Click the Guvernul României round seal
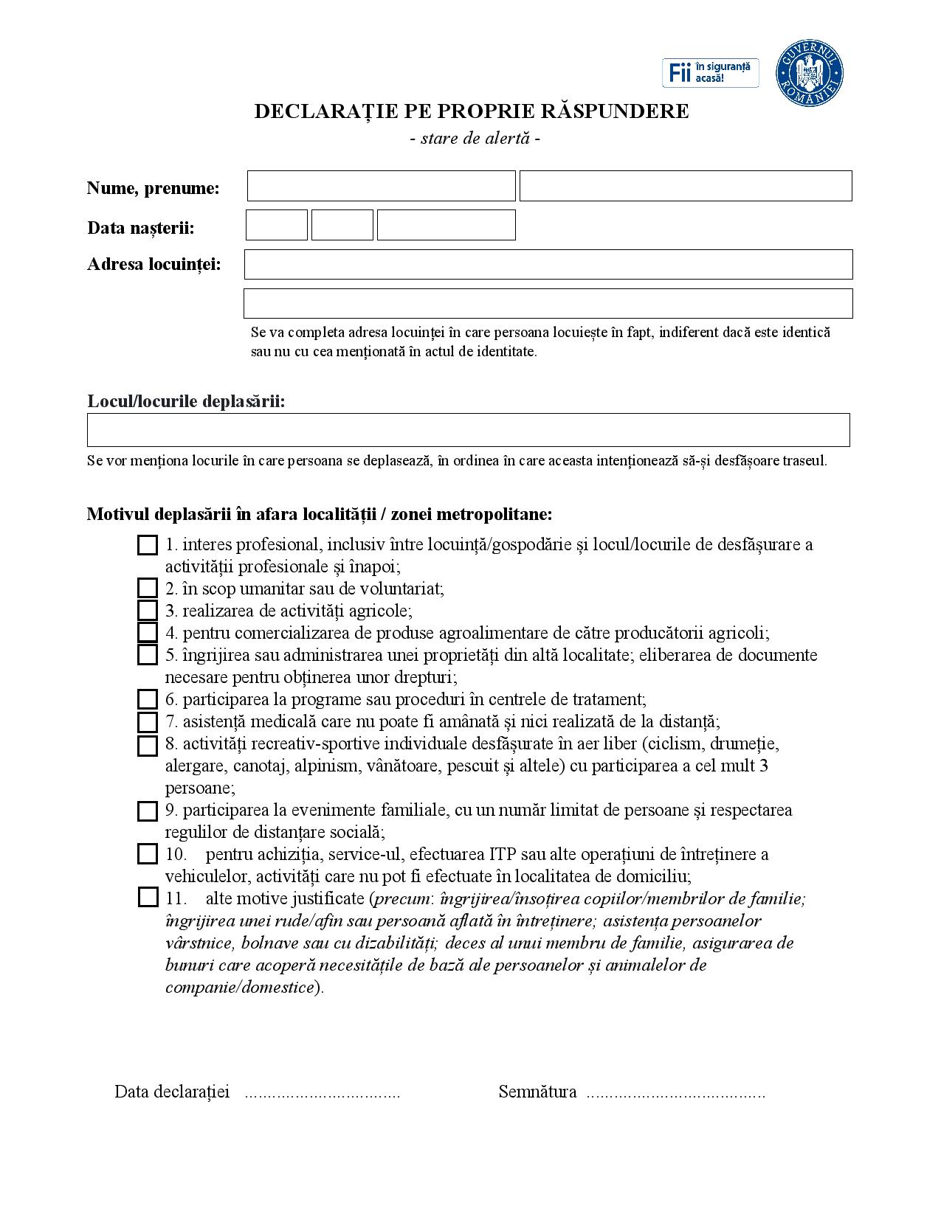[809, 73]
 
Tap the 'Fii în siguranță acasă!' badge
[710, 73]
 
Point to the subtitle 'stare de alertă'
[475, 138]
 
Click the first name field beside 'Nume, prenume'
[381, 186]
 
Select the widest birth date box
[446, 225]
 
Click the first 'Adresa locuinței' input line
[548, 264]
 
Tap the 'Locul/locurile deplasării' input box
[468, 430]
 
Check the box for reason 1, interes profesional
[148, 545]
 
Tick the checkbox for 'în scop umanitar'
[148, 589]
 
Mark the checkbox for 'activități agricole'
[148, 611]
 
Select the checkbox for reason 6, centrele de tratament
[148, 699]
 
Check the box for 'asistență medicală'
[148, 721]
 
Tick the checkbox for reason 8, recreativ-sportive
[148, 746]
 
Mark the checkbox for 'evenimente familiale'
[148, 811]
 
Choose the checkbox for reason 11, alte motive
[148, 898]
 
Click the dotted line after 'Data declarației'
[322, 1094]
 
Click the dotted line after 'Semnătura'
[675, 1094]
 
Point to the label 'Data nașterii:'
[141, 228]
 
